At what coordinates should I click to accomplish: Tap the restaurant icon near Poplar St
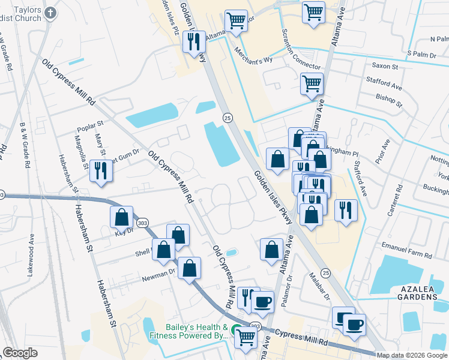pyautogui.click(x=101, y=170)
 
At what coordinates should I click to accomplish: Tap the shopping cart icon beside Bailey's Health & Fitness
pyautogui.click(x=246, y=338)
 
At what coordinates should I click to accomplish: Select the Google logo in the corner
pyautogui.click(x=20, y=353)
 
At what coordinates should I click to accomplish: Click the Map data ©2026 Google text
pyautogui.click(x=412, y=355)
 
